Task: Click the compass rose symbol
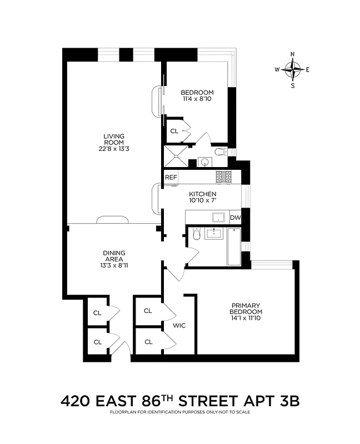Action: [x=293, y=69]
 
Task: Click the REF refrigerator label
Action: [x=171, y=177]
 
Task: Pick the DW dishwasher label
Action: [x=236, y=218]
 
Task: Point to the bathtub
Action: [x=233, y=248]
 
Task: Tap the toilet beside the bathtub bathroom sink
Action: [x=194, y=236]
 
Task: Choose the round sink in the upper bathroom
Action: [x=204, y=162]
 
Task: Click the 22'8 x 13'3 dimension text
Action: [x=113, y=148]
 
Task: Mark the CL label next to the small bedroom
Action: [x=174, y=132]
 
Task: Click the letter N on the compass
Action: [x=293, y=54]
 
